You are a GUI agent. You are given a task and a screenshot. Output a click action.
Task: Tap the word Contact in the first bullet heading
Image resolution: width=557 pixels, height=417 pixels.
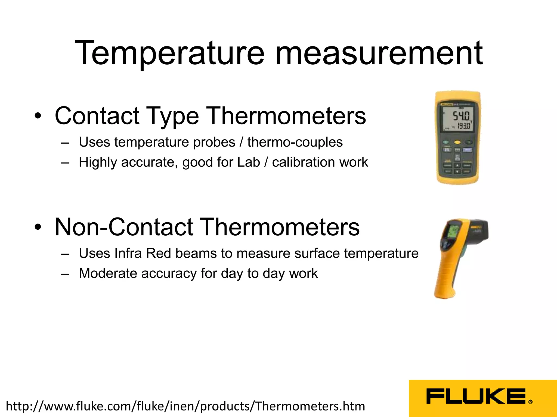pos(97,116)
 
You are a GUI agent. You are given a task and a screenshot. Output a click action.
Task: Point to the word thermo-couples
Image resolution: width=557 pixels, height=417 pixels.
pos(295,142)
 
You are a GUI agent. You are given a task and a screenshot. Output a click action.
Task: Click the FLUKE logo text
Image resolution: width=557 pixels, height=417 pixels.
pos(476,396)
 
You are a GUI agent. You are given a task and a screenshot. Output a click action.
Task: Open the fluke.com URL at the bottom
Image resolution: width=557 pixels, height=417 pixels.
pos(185,406)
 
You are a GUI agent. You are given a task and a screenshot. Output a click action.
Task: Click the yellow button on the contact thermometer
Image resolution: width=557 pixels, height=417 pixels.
pos(457,142)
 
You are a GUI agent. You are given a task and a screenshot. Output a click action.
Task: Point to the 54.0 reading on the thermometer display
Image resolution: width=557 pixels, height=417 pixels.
pos(461,116)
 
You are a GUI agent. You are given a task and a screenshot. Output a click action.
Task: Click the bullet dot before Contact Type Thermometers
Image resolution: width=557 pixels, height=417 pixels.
pos(38,116)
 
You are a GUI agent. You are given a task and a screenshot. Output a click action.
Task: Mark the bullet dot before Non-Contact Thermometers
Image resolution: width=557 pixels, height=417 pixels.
pos(38,227)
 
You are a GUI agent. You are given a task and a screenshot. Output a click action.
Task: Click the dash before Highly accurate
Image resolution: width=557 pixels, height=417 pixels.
pos(65,163)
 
